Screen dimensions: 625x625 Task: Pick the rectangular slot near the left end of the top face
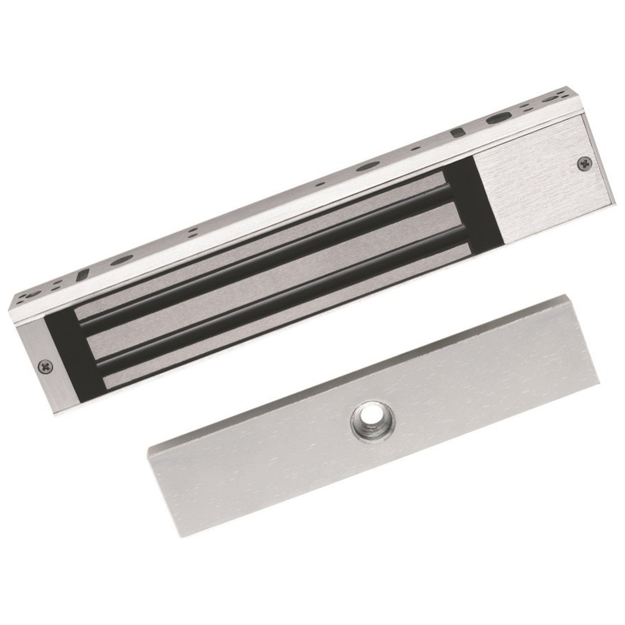(x=80, y=274)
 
